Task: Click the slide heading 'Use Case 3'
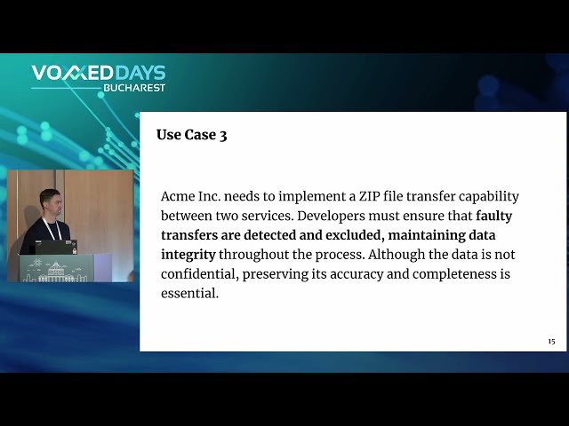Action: pos(191,136)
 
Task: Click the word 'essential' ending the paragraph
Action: pos(189,294)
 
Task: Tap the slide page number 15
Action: pos(551,342)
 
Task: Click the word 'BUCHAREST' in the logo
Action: pos(133,88)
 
